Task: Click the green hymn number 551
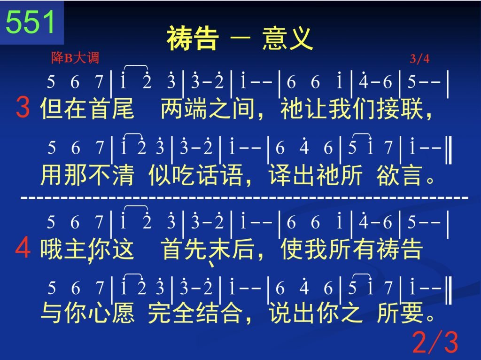[30, 22]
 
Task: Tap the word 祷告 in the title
[193, 39]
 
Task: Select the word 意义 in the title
[287, 39]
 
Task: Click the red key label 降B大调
[75, 58]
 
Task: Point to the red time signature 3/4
[419, 58]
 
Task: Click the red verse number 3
[23, 107]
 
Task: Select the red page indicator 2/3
[435, 342]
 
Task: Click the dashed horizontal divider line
[244, 198]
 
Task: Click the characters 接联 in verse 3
[400, 109]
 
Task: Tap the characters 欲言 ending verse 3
[400, 175]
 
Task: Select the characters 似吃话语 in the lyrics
[196, 175]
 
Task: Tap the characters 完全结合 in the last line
[196, 313]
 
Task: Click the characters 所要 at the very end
[400, 313]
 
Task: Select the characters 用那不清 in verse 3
[87, 175]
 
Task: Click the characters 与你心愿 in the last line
[87, 313]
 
